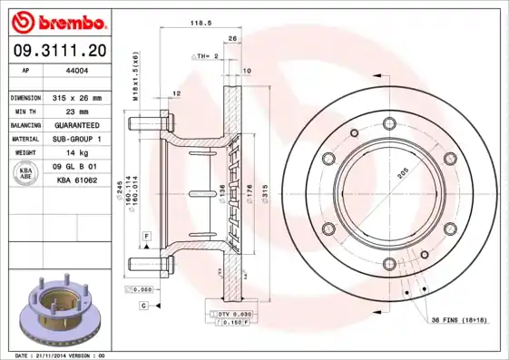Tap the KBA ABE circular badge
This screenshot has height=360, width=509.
(26, 175)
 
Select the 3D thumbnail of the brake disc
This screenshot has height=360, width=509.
(59, 308)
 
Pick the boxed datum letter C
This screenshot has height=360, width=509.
(143, 306)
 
